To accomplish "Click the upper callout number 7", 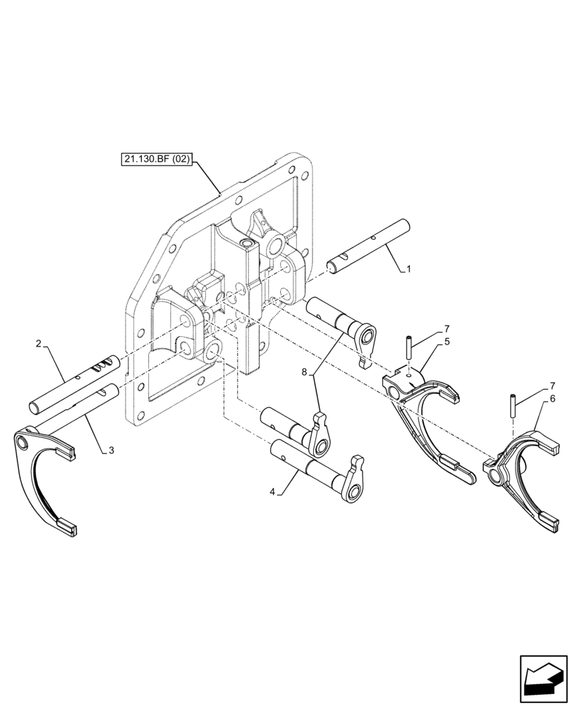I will (447, 328).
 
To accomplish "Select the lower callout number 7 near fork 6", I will (552, 385).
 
